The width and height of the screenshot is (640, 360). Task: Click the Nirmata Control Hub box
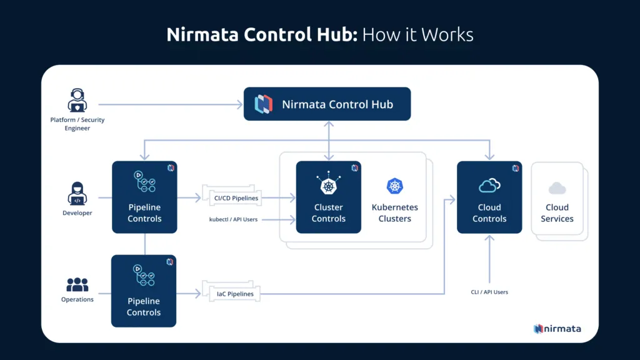click(327, 104)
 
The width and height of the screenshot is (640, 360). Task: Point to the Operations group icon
click(77, 284)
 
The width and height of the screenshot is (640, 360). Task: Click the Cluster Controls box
click(328, 197)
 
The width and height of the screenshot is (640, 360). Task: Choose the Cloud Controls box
click(489, 197)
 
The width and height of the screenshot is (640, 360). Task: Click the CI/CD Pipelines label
click(236, 198)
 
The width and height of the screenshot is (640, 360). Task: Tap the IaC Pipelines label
click(235, 293)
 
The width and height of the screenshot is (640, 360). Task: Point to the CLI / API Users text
click(489, 292)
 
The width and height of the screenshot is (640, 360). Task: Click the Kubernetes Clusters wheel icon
click(395, 186)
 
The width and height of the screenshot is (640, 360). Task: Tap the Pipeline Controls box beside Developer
click(144, 197)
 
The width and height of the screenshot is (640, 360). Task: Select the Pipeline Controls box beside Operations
click(144, 291)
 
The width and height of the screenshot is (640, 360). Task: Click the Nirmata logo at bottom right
click(557, 329)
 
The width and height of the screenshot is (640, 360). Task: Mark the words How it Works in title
click(417, 34)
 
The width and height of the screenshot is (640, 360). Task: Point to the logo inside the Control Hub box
click(264, 104)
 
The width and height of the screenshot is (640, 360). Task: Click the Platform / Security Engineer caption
click(78, 124)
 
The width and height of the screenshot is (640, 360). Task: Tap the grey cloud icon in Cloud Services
click(557, 188)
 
